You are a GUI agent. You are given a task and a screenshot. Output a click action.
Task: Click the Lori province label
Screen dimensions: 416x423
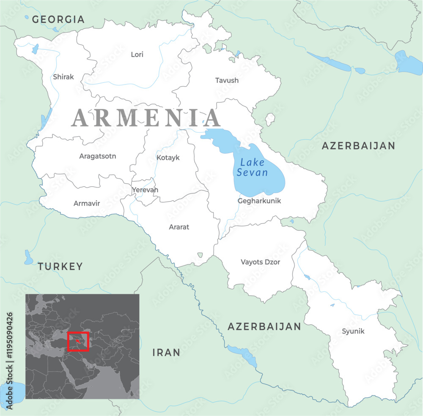coord(137,54)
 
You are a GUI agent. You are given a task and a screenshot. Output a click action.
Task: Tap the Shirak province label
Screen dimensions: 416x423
coord(63,77)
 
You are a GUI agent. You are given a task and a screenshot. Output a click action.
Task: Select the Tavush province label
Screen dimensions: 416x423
coord(227,80)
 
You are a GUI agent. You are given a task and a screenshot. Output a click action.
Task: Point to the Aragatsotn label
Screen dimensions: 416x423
coord(98,156)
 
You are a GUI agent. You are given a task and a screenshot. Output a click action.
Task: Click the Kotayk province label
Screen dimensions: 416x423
coord(168,158)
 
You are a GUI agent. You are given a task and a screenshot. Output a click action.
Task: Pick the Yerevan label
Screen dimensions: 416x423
coord(145,190)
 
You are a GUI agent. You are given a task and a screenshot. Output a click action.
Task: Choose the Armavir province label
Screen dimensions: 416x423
coord(87,204)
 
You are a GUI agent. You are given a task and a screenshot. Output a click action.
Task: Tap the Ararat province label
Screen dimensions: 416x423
coord(179,227)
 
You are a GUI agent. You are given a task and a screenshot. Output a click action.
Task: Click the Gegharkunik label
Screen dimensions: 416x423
coord(259,201)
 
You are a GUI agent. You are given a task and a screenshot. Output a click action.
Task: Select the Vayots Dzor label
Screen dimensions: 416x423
coord(260,262)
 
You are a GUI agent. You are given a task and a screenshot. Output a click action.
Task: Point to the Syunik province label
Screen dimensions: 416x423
coord(353,332)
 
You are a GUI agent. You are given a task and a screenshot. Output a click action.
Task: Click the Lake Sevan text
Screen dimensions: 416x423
coord(253,168)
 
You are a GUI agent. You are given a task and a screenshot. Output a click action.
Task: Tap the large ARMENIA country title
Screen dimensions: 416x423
coord(146,118)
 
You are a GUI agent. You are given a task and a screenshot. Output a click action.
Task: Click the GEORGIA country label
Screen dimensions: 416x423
coord(58,19)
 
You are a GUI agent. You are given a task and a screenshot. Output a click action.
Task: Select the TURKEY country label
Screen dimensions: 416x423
coord(60,266)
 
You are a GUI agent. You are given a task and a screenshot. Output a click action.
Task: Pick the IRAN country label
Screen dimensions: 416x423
coord(166,353)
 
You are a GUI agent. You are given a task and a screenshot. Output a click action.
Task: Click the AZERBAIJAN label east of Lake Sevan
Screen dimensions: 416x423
coord(358,146)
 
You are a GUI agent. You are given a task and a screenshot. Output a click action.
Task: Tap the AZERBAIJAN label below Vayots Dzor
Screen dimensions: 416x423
coord(264,326)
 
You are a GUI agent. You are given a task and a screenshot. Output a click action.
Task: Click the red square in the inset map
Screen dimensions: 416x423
coord(78,341)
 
